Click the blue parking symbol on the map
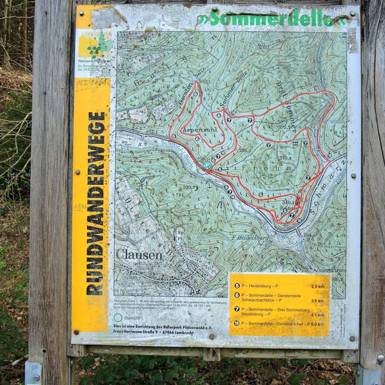(x=207, y=165)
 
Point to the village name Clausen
(x=139, y=255)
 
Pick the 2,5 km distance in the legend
(x=318, y=286)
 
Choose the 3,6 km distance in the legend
(x=318, y=300)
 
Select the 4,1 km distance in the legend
(x=318, y=315)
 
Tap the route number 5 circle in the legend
(x=237, y=285)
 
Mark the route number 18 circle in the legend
(x=237, y=323)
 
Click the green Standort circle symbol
(x=118, y=318)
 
